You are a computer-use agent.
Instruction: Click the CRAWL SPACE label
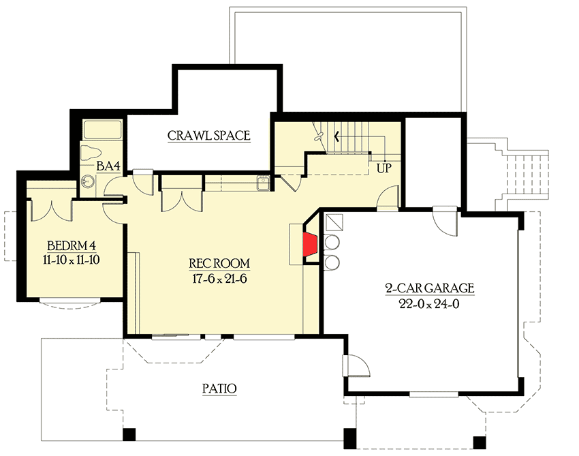pyautogui.click(x=209, y=136)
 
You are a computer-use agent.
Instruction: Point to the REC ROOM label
pyautogui.click(x=219, y=263)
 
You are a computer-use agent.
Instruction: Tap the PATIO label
pyautogui.click(x=219, y=389)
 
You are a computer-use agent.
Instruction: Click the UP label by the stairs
pyautogui.click(x=384, y=167)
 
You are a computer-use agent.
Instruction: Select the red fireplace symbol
pyautogui.click(x=311, y=245)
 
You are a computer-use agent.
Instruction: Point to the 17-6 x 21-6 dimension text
pyautogui.click(x=219, y=278)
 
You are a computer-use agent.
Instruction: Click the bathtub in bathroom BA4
pyautogui.click(x=102, y=130)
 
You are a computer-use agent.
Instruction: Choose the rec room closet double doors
pyautogui.click(x=181, y=198)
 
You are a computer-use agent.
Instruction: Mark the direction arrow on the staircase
pyautogui.click(x=336, y=136)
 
